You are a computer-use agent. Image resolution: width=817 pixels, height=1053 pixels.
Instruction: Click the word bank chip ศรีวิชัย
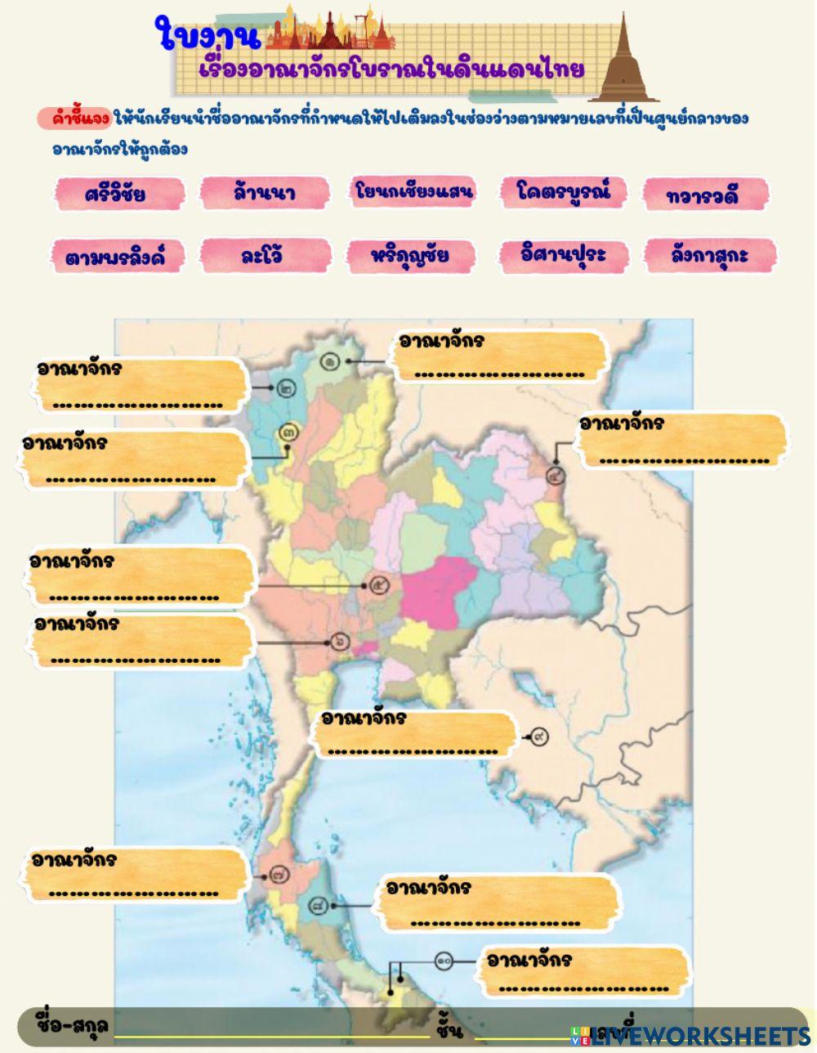click(x=115, y=194)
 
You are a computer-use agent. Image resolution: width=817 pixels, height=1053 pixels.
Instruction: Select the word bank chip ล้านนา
click(x=263, y=193)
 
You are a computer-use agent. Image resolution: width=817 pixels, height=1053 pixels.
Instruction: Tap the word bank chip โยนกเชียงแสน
click(x=414, y=191)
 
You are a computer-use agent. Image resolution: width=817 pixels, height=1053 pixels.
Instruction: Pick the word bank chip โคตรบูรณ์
click(x=563, y=191)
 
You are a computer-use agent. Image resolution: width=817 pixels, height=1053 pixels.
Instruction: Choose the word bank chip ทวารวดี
click(x=707, y=195)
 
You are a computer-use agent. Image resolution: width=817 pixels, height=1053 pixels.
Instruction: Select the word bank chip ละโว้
click(x=263, y=255)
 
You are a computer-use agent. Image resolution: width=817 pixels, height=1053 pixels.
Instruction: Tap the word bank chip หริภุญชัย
click(x=410, y=255)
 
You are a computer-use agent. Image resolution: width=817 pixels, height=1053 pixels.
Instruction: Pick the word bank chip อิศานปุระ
click(x=563, y=254)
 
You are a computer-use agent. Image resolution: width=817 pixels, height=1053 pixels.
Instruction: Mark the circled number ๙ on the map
click(x=538, y=737)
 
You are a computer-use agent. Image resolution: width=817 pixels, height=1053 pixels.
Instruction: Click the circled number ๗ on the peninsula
click(x=281, y=875)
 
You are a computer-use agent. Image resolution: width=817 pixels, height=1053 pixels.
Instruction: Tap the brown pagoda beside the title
click(x=624, y=61)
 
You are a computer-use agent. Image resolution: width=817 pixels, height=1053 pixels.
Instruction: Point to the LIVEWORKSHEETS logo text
click(x=699, y=1035)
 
